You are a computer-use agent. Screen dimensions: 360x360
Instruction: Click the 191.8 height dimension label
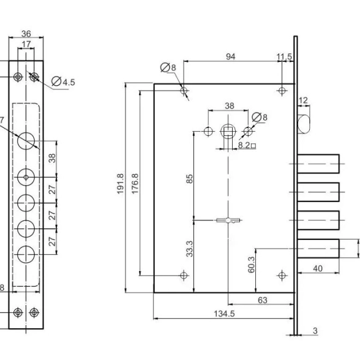coord(121,184)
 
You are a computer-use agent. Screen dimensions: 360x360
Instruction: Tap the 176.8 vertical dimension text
coord(135,184)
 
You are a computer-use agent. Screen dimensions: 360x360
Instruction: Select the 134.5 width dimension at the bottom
coord(224,313)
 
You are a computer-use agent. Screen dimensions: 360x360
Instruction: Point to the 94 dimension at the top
coord(230,56)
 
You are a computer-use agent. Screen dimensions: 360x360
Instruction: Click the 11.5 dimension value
coord(284,56)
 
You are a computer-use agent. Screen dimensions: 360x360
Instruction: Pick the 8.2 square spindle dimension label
coord(247,145)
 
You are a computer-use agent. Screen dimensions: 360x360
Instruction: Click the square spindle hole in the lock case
coord(228,131)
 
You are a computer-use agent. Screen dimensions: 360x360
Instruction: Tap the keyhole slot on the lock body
coord(228,220)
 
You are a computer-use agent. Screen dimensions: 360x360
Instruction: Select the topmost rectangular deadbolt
coord(318,164)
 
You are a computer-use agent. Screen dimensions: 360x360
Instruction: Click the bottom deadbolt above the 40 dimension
coord(318,249)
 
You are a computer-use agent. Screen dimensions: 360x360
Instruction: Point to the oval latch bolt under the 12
coord(304,124)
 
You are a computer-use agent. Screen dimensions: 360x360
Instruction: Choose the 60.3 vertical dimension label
coord(252,264)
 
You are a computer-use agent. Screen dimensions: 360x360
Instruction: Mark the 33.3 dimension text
coord(190,249)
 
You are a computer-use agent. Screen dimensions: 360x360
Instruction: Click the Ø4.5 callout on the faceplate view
coord(63,81)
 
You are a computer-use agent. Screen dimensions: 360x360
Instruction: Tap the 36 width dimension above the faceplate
coord(26,34)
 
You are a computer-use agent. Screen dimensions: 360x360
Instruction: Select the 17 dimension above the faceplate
coord(26,44)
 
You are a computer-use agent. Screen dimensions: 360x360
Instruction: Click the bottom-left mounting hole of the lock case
coord(184,275)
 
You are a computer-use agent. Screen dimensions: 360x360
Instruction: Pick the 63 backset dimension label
coord(263,300)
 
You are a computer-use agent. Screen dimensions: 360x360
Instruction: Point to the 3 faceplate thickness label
coord(315,331)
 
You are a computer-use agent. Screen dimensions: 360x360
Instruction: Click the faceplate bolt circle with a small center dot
coord(26,178)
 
